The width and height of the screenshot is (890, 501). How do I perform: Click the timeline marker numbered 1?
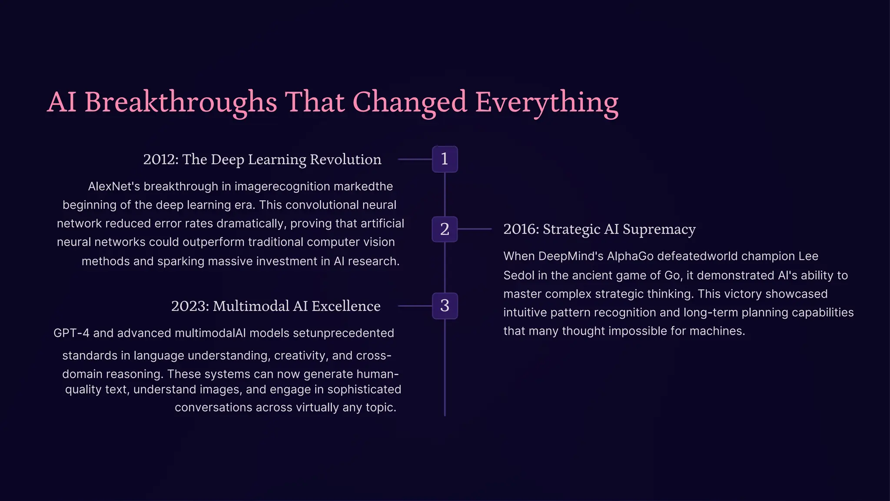pos(445,159)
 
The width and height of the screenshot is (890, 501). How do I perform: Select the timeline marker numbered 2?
pos(445,229)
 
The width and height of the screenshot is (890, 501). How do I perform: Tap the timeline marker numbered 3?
pos(445,306)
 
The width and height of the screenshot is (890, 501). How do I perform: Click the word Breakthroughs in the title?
pos(180,102)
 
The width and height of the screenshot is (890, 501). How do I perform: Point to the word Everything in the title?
pos(547,102)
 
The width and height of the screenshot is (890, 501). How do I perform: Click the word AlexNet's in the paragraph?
pos(114,187)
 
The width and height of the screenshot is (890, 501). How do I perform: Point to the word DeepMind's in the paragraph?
pos(571,256)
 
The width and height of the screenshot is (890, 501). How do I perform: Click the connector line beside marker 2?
pos(475,229)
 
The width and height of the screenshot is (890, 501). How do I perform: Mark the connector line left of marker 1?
pos(415,159)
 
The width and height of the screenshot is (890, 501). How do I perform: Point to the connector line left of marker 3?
pos(415,306)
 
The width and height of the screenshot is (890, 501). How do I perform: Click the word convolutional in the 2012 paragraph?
pos(322,205)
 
